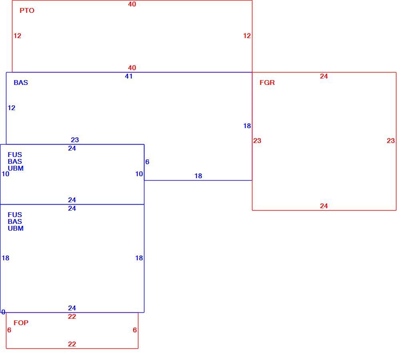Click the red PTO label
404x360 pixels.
click(x=27, y=10)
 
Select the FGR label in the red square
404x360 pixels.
click(x=267, y=82)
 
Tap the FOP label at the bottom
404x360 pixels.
click(x=21, y=323)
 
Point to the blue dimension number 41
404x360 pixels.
click(x=129, y=76)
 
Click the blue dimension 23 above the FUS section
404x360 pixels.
click(x=75, y=140)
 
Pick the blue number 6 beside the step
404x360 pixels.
click(x=147, y=162)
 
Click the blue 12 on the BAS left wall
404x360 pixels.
click(x=12, y=108)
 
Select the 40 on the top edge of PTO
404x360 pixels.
click(x=132, y=4)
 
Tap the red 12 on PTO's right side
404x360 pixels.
click(x=247, y=36)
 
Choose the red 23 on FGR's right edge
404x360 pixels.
click(x=391, y=141)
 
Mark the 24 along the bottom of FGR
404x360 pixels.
click(x=324, y=206)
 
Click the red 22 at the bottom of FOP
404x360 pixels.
click(x=72, y=344)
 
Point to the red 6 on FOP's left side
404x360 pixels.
click(x=9, y=330)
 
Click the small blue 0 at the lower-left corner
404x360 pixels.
click(x=3, y=312)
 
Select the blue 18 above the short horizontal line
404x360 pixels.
click(x=198, y=176)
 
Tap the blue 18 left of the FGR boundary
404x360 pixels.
click(x=247, y=126)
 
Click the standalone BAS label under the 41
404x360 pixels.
click(x=21, y=82)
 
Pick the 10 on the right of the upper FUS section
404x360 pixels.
click(x=139, y=174)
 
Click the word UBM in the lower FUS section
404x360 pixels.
click(x=16, y=229)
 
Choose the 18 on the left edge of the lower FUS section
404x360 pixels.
click(x=6, y=258)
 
